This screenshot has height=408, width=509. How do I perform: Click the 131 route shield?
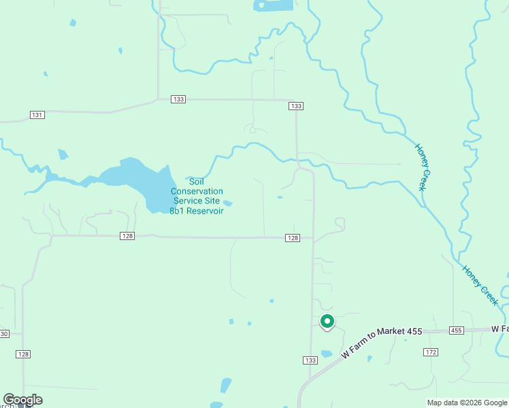[x=37, y=115]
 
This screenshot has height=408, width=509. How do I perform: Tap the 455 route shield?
[x=457, y=330]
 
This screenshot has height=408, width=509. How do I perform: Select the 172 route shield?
[x=430, y=352]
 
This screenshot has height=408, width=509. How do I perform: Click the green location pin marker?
[x=327, y=321]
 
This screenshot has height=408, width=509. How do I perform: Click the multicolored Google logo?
[x=22, y=400]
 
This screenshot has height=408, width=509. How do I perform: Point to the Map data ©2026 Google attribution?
[x=467, y=403]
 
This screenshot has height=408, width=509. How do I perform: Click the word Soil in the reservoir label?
[x=196, y=182]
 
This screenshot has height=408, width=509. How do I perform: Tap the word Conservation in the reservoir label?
[x=197, y=192]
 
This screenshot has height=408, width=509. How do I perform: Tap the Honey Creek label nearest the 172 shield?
[x=480, y=284]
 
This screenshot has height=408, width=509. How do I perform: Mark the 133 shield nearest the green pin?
[x=310, y=360]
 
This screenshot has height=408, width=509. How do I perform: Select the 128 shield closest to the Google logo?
[x=24, y=354]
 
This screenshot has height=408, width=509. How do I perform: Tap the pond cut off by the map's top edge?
[x=274, y=5]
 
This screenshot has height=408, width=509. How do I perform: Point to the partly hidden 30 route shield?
[x=3, y=333]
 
